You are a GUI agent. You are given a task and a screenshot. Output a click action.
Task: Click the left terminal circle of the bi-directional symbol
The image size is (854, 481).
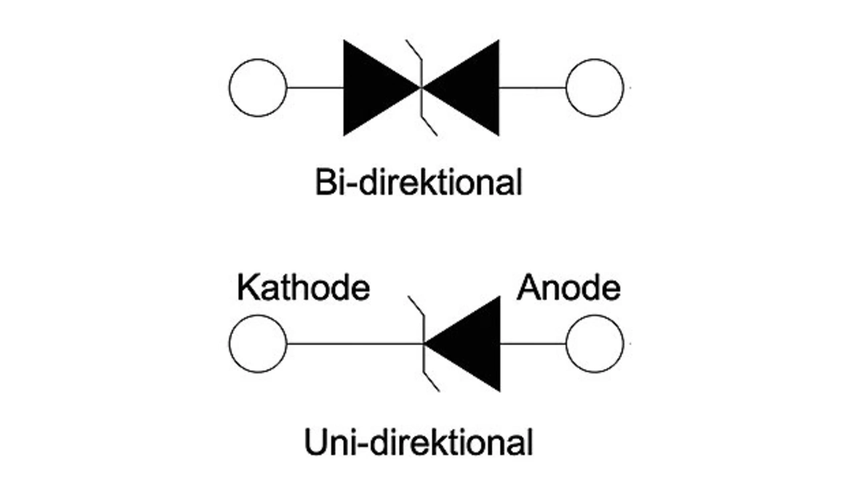(x=258, y=87)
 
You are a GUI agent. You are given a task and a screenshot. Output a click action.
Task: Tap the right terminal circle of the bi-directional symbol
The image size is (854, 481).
(x=594, y=87)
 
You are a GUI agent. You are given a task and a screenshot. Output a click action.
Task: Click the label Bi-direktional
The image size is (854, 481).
(x=418, y=182)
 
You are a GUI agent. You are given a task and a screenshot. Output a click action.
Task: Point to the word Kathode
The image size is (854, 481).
(x=303, y=288)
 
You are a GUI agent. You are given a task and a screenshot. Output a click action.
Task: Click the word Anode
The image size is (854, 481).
(x=568, y=288)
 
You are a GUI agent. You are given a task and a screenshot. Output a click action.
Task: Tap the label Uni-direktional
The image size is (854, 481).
(x=418, y=442)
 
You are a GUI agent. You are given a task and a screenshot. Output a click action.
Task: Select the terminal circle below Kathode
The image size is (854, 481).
(x=258, y=344)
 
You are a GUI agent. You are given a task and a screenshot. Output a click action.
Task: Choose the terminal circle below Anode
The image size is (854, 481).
(x=594, y=344)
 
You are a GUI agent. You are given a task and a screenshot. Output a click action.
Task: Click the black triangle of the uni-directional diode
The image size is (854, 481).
(x=471, y=344)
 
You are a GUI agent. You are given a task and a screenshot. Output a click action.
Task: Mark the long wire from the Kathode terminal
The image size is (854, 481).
(x=354, y=344)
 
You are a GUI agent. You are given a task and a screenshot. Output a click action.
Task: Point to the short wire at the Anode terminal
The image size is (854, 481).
(x=533, y=344)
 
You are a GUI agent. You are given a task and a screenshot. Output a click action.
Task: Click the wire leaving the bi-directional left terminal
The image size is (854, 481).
(x=314, y=87)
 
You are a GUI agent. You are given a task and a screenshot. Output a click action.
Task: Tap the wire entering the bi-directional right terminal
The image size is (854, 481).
(x=532, y=87)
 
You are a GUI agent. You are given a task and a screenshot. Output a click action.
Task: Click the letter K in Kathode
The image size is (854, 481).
(x=247, y=288)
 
